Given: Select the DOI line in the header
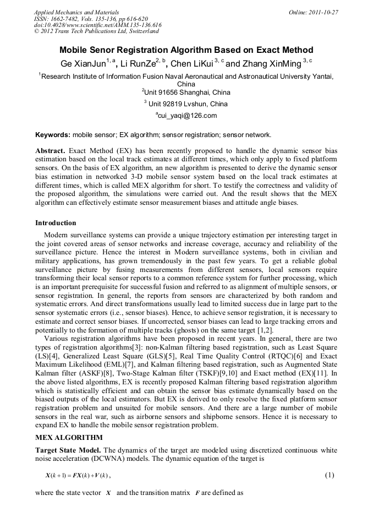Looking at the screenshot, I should [x=98, y=25].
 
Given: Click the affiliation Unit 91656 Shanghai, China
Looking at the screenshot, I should [x=187, y=92].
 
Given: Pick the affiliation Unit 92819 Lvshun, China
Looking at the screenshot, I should [x=187, y=104].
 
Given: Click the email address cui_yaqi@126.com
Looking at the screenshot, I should [x=187, y=116].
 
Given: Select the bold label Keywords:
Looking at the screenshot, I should [x=53, y=135].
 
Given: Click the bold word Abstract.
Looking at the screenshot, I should [x=51, y=150].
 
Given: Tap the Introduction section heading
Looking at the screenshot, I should [x=56, y=223].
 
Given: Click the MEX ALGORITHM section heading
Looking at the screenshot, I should [x=69, y=438].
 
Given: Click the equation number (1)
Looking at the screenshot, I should [x=329, y=475].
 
